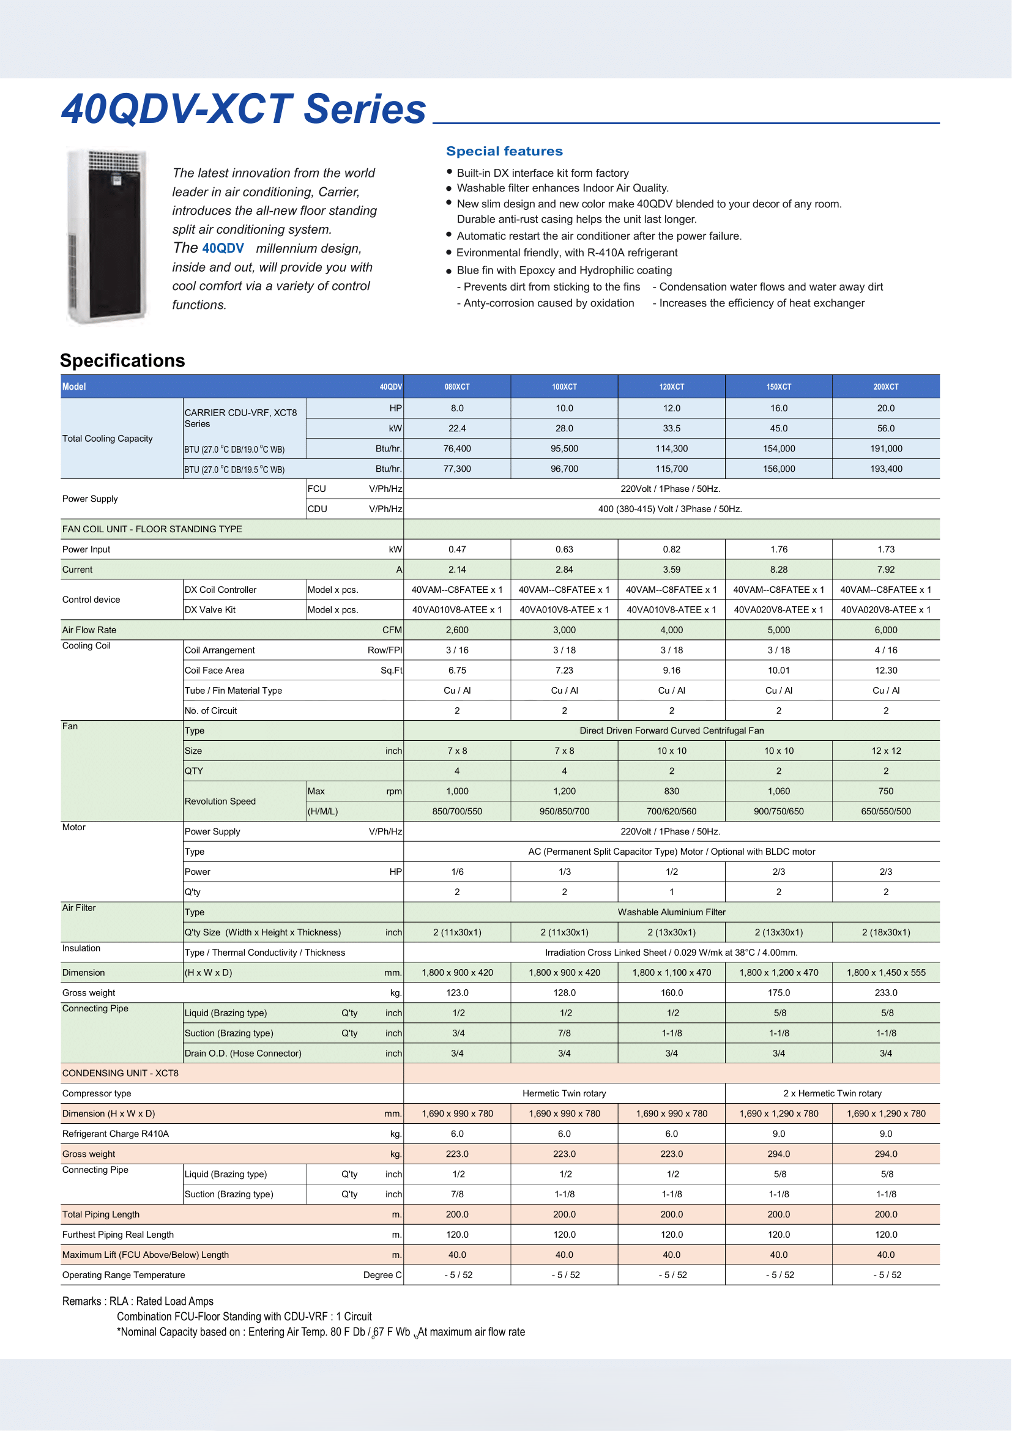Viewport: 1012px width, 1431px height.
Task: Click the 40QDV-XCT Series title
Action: [243, 109]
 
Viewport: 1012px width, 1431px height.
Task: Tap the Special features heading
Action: [504, 151]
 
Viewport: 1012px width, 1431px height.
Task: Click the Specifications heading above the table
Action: [122, 360]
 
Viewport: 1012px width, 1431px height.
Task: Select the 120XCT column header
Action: [671, 387]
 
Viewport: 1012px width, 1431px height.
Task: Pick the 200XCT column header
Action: [885, 387]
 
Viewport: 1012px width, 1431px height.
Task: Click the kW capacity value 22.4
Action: [457, 428]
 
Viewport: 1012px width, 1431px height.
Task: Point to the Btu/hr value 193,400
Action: [885, 469]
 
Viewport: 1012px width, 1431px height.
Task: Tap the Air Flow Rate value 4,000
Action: [671, 630]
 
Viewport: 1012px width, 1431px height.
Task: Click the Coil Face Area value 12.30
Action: [885, 670]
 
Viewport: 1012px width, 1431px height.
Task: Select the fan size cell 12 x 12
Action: [885, 751]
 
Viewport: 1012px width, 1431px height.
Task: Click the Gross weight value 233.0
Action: [885, 992]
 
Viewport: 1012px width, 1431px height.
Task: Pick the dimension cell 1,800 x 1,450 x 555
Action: [885, 972]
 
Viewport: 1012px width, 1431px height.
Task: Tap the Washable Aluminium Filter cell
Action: [671, 912]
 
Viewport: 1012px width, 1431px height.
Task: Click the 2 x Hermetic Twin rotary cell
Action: [832, 1093]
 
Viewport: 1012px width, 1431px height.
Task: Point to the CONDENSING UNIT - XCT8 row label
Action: [121, 1072]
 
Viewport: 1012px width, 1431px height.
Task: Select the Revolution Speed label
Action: [220, 801]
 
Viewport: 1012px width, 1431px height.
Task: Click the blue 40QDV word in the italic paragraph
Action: [223, 248]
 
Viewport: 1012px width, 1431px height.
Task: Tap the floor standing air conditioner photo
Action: [107, 237]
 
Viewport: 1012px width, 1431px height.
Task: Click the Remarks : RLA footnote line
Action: [138, 1301]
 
